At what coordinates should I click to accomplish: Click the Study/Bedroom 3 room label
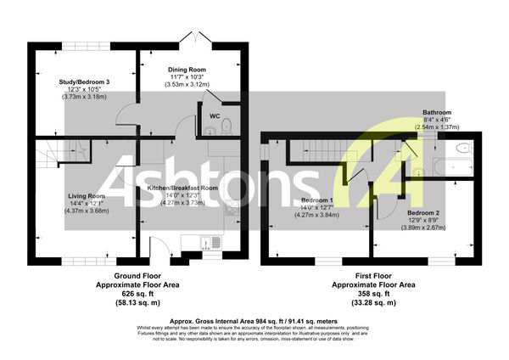(x=85, y=81)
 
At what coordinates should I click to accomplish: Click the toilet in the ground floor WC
(x=227, y=128)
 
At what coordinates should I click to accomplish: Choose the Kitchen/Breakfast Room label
(x=182, y=188)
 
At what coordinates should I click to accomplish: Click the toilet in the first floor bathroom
(x=463, y=148)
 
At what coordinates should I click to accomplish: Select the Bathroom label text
(x=438, y=112)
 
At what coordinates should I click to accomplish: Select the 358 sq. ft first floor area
(x=372, y=294)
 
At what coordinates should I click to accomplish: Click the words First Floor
(x=372, y=277)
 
